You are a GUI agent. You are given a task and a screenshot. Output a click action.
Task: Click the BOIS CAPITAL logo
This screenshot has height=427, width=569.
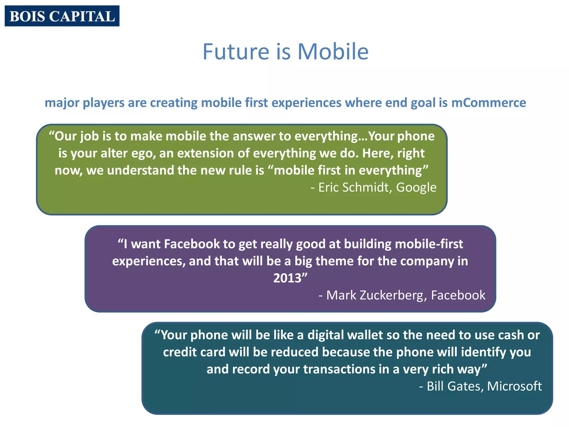point(62,16)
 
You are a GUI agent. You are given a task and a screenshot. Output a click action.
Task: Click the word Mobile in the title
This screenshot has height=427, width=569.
point(333,52)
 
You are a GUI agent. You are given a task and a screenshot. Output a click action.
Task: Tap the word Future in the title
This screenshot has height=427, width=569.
point(236,52)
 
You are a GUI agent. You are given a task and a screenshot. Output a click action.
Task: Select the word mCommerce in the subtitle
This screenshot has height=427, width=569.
point(488,103)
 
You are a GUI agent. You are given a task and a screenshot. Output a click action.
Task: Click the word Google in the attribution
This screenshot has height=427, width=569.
point(416,187)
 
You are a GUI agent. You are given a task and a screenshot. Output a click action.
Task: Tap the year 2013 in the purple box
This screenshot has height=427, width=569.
point(287,278)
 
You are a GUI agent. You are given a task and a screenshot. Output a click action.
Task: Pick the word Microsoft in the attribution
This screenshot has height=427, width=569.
point(514,386)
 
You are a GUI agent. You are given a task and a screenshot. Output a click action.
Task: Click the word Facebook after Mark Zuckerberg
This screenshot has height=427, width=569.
point(458,295)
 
